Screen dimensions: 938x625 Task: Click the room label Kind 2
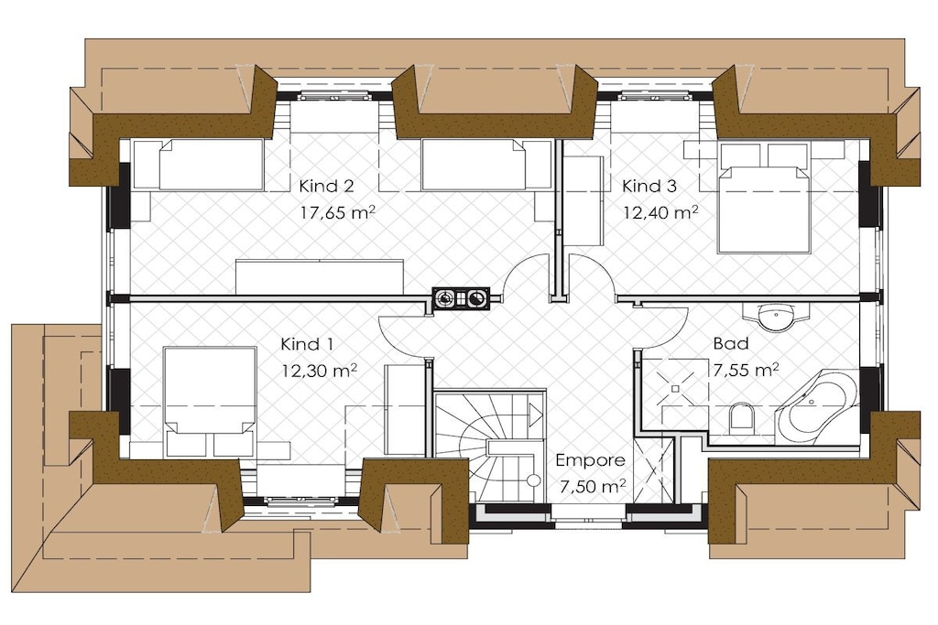point(327,186)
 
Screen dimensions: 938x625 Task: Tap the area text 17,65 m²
point(338,212)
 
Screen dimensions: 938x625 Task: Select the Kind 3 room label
point(649,186)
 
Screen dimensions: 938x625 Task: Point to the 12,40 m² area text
point(661,212)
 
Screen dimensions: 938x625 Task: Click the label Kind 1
point(307,344)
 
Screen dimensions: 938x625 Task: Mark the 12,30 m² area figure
point(320,371)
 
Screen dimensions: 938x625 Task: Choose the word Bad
point(731,343)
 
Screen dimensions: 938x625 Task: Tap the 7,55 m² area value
point(746,370)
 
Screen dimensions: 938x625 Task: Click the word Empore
point(591,460)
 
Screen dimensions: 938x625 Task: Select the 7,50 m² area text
point(593,487)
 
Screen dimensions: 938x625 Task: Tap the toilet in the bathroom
point(740,415)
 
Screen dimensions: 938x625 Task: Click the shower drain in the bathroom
point(675,388)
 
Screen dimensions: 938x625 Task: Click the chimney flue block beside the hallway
point(462,298)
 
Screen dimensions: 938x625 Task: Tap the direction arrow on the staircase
point(535,413)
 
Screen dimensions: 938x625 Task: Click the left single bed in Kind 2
point(198,165)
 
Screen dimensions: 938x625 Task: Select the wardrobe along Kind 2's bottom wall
point(320,276)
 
